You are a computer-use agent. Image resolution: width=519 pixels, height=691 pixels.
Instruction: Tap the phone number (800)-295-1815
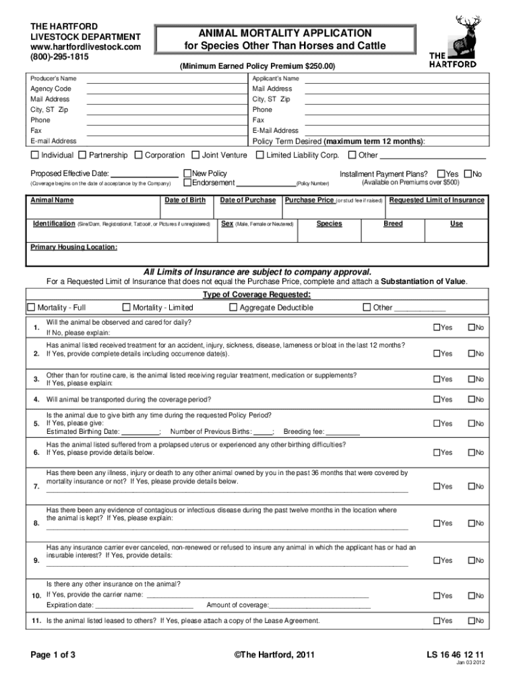[59, 57]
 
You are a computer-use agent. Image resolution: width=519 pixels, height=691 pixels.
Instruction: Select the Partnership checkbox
[82, 155]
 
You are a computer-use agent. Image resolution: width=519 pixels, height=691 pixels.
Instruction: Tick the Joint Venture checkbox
[195, 155]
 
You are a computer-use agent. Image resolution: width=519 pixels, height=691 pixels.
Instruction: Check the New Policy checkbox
[188, 173]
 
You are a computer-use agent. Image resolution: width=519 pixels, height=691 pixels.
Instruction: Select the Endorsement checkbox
[188, 182]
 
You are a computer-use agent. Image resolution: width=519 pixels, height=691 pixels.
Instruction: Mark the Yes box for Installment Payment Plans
[441, 173]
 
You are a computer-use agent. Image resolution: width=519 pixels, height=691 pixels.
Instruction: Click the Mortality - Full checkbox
[30, 308]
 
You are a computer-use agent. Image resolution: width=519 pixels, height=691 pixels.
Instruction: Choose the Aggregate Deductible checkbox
[233, 308]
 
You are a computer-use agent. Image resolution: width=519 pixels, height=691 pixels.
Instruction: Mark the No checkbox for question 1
[471, 328]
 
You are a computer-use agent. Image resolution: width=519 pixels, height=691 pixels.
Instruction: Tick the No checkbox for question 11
[471, 621]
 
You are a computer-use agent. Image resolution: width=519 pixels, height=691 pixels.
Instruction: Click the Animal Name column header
[53, 200]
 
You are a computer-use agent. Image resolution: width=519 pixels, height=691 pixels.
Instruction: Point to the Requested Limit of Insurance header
[437, 200]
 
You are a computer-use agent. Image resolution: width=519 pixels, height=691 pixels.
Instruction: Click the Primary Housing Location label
[74, 248]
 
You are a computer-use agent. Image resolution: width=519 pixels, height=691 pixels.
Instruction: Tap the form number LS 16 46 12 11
[455, 655]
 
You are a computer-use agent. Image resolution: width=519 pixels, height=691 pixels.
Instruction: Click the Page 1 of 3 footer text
[53, 655]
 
